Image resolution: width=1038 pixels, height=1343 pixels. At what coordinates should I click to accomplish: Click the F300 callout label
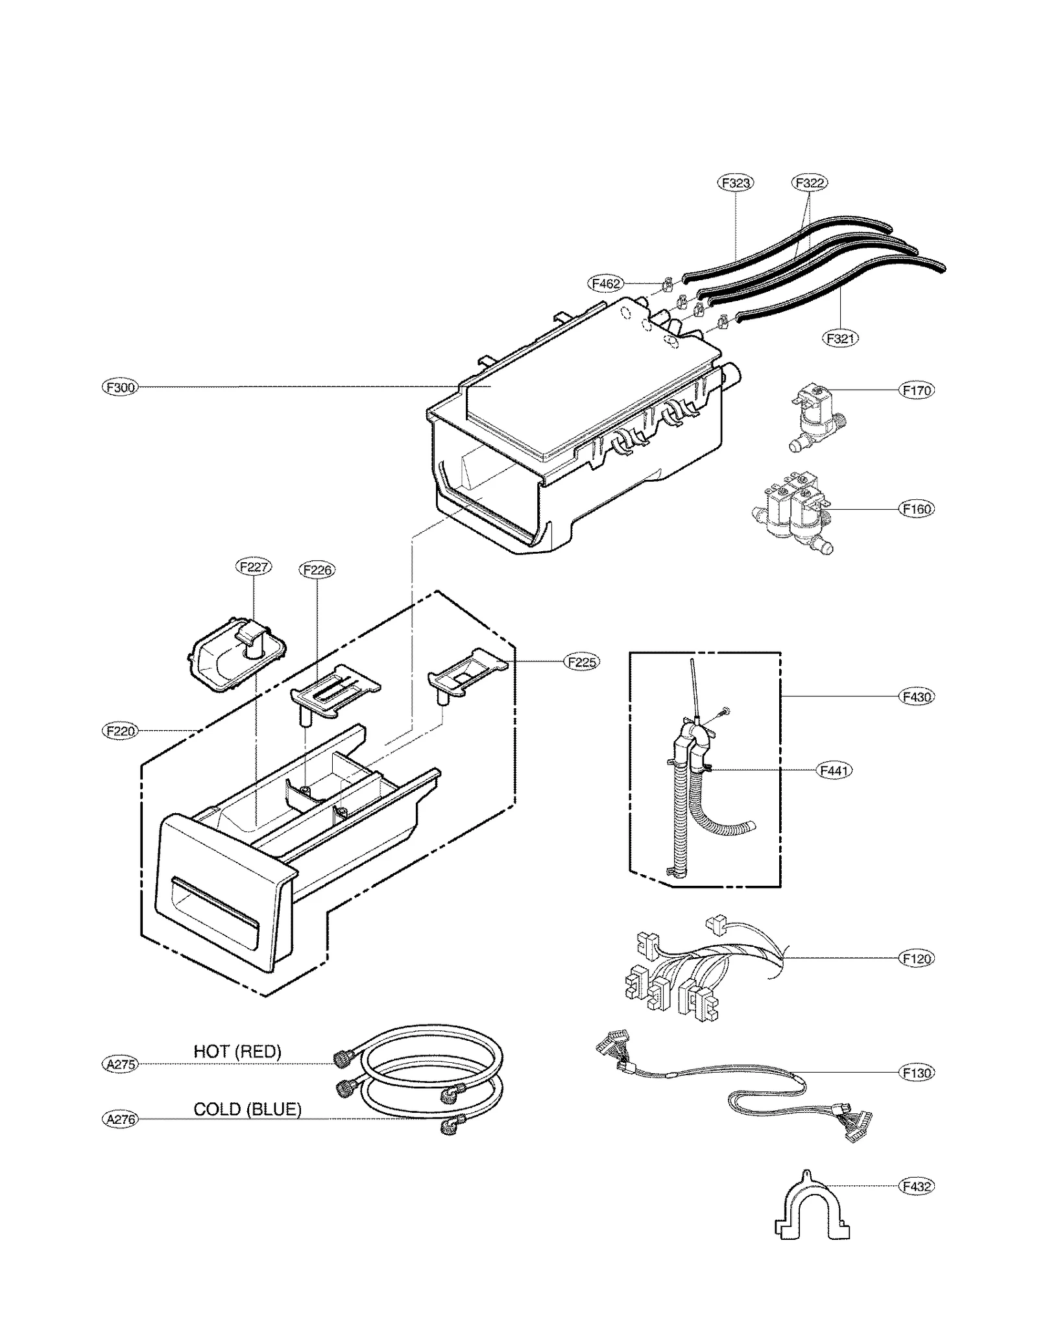coord(121,388)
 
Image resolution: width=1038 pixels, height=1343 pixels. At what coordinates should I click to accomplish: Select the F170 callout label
coord(917,390)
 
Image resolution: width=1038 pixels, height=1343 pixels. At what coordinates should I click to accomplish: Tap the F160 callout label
coord(917,509)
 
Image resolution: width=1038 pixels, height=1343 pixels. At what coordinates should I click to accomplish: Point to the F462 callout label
coord(606,283)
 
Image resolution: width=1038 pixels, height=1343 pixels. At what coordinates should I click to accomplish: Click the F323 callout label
coord(736,183)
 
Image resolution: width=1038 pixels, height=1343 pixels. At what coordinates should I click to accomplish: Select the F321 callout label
coord(840,338)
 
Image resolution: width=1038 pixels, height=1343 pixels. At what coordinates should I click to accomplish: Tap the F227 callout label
coord(253,567)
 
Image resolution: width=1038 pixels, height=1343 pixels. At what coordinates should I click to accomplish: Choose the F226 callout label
coord(317,570)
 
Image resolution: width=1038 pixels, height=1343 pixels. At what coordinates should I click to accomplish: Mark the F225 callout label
coord(582,662)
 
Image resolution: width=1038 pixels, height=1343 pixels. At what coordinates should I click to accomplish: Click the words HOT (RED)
coord(237,1052)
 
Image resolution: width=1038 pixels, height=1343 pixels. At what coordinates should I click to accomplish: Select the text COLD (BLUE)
coord(247,1110)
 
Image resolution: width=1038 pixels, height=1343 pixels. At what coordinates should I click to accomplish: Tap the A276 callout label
coord(121,1119)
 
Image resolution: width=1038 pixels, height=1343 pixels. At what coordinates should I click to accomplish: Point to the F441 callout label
coord(834,770)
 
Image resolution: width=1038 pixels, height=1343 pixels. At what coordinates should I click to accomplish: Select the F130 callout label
coord(917,1073)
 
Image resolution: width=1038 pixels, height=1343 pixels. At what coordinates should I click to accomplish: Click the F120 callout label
coord(917,958)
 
